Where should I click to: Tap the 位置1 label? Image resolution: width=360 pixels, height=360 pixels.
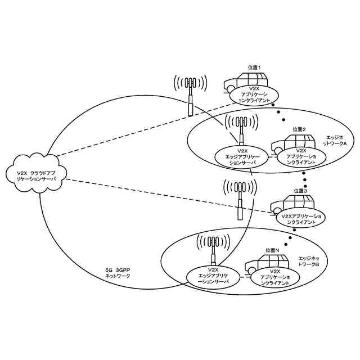[x=255, y=67]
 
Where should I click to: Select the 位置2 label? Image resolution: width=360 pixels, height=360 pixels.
[x=299, y=130]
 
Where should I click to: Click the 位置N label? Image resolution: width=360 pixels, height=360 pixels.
[x=272, y=250]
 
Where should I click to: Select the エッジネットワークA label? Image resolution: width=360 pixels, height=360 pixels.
[x=337, y=141]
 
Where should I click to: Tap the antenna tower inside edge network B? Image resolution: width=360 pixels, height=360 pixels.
[x=213, y=250]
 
